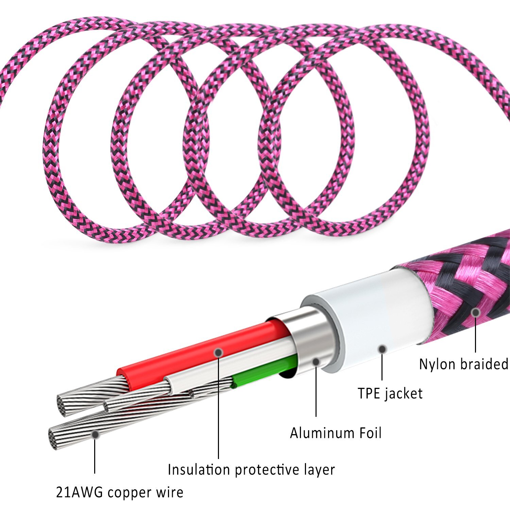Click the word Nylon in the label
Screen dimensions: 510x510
click(x=437, y=364)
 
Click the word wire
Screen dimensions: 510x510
click(x=169, y=492)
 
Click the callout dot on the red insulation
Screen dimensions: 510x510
click(x=219, y=353)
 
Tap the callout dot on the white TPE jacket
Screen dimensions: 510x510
click(x=382, y=349)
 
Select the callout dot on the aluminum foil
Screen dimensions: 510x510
click(x=316, y=362)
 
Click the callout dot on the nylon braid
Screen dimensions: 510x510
click(x=476, y=312)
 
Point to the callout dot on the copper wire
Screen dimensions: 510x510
click(x=95, y=434)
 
